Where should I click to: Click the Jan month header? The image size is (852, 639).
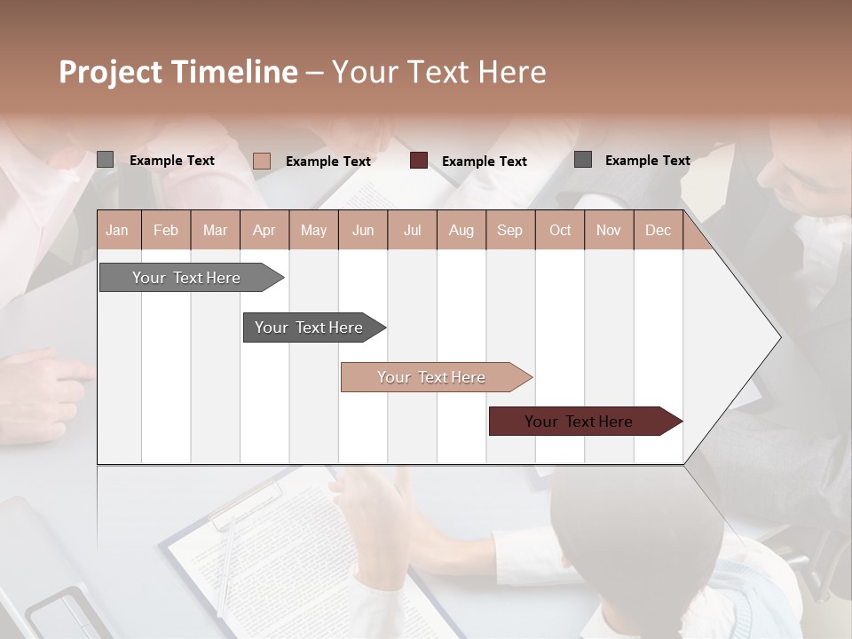tap(117, 231)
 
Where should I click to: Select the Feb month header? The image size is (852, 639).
tap(166, 231)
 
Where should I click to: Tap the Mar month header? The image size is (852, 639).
tap(215, 231)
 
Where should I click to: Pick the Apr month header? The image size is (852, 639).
tap(264, 231)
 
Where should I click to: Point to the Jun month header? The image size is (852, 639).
tap(363, 231)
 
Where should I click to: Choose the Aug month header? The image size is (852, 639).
tap(461, 231)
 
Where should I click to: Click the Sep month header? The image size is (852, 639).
tap(509, 231)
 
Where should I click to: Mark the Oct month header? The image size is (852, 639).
tap(560, 231)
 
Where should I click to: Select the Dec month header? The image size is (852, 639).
tap(658, 231)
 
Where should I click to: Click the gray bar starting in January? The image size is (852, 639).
tap(186, 278)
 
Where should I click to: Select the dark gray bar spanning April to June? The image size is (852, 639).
tap(309, 327)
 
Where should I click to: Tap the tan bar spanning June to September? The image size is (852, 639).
tap(431, 377)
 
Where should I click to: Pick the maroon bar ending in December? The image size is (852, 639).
tap(579, 422)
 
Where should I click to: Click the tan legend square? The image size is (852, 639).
tap(261, 161)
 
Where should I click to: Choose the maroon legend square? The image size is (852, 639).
tap(419, 161)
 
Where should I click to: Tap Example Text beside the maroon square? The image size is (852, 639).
tap(485, 162)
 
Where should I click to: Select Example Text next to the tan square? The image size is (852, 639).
tap(328, 162)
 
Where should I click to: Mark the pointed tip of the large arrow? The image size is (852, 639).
tap(778, 336)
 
